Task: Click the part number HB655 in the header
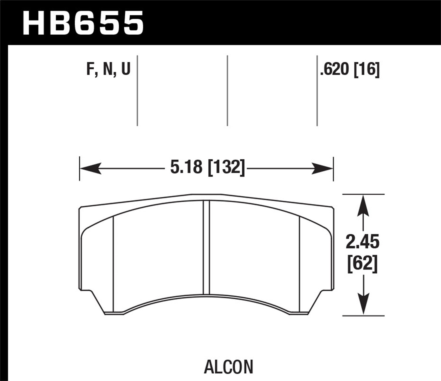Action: (83, 23)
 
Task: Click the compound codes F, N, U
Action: (108, 70)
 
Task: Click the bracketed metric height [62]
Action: (362, 264)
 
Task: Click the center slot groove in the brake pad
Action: (206, 247)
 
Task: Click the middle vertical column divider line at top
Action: (228, 91)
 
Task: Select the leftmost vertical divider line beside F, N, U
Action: (137, 91)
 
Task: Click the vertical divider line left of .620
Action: (317, 91)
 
